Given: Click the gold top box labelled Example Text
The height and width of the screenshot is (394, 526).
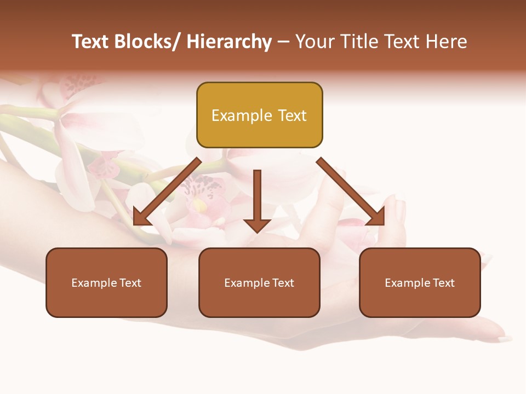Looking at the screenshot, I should [x=259, y=115].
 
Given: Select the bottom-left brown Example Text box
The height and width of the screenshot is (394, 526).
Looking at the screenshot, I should [x=106, y=282].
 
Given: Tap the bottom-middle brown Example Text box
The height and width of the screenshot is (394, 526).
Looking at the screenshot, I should [x=259, y=282].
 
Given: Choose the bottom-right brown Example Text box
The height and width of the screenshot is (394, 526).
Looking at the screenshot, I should [x=420, y=282].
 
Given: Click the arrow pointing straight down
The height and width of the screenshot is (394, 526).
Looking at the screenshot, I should [x=257, y=200].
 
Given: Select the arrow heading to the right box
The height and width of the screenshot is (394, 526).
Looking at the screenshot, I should [x=351, y=192].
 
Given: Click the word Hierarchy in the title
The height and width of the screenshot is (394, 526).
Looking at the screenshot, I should [x=229, y=42].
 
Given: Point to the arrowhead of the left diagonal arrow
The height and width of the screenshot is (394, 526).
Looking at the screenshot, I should [x=141, y=217].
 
